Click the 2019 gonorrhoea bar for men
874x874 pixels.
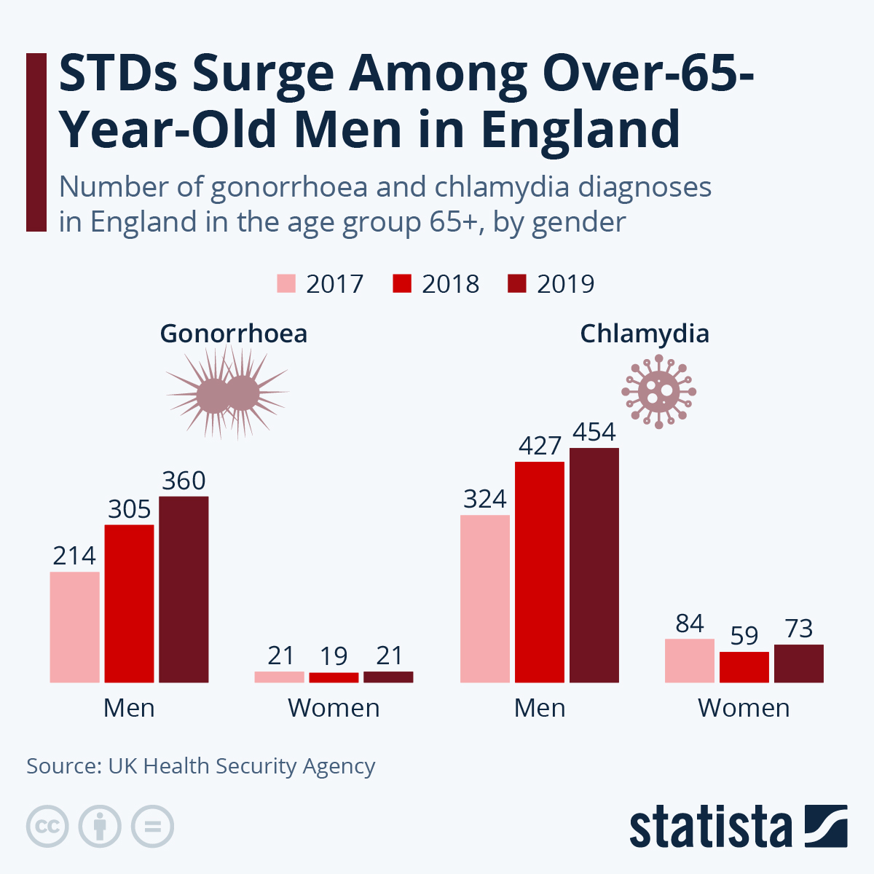(x=184, y=589)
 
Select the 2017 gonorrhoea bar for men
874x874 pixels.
(x=74, y=627)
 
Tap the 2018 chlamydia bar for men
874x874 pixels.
(x=540, y=572)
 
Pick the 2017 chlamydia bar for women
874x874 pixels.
(x=690, y=661)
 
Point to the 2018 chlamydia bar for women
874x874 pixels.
(x=744, y=667)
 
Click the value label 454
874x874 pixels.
(x=594, y=432)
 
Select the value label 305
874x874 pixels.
(x=130, y=509)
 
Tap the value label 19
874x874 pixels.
(x=334, y=656)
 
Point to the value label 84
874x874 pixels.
(x=690, y=623)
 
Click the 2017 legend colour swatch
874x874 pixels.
(x=286, y=283)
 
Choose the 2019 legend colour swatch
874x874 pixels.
(x=516, y=283)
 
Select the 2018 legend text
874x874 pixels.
(x=450, y=283)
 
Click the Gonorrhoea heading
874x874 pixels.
(x=234, y=334)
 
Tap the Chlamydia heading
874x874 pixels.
(x=645, y=334)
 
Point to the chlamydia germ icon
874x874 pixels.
(x=658, y=392)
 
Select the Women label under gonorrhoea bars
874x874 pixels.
(x=334, y=708)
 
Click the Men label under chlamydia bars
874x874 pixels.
(x=540, y=708)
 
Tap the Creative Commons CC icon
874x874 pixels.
(x=47, y=827)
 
